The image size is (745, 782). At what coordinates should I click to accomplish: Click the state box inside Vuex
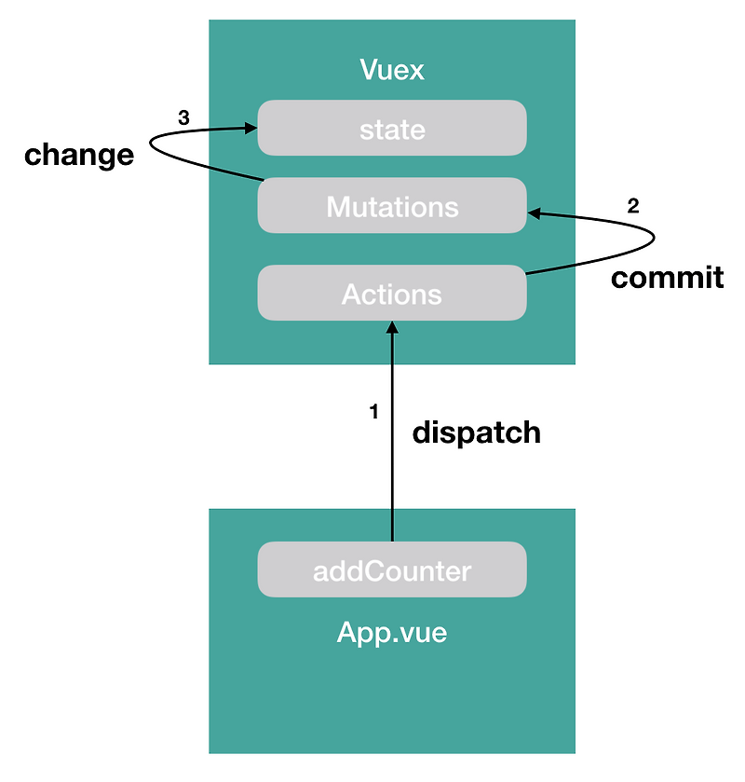pyautogui.click(x=392, y=129)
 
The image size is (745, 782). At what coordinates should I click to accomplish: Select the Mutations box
pyautogui.click(x=392, y=205)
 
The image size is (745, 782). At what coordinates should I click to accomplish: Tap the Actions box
pyautogui.click(x=392, y=294)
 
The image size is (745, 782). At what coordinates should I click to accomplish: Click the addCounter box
pyautogui.click(x=392, y=569)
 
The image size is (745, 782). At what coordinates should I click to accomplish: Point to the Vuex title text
pyautogui.click(x=392, y=70)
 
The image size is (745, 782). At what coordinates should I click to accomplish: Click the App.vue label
pyautogui.click(x=392, y=634)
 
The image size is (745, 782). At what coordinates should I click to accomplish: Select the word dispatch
pyautogui.click(x=476, y=432)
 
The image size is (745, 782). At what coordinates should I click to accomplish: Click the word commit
pyautogui.click(x=667, y=277)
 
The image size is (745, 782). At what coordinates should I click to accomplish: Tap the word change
pyautogui.click(x=79, y=155)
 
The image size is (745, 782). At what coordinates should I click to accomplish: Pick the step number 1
pyautogui.click(x=374, y=412)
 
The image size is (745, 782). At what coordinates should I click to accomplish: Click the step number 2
pyautogui.click(x=633, y=207)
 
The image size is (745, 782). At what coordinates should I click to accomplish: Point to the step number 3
pyautogui.click(x=183, y=118)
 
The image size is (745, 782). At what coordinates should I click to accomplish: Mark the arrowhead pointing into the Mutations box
pyautogui.click(x=535, y=213)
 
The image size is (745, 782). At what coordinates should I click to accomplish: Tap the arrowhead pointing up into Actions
pyautogui.click(x=392, y=327)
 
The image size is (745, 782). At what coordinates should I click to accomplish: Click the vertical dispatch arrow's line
pyautogui.click(x=392, y=438)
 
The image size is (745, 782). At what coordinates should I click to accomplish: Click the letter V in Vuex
pyautogui.click(x=367, y=70)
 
